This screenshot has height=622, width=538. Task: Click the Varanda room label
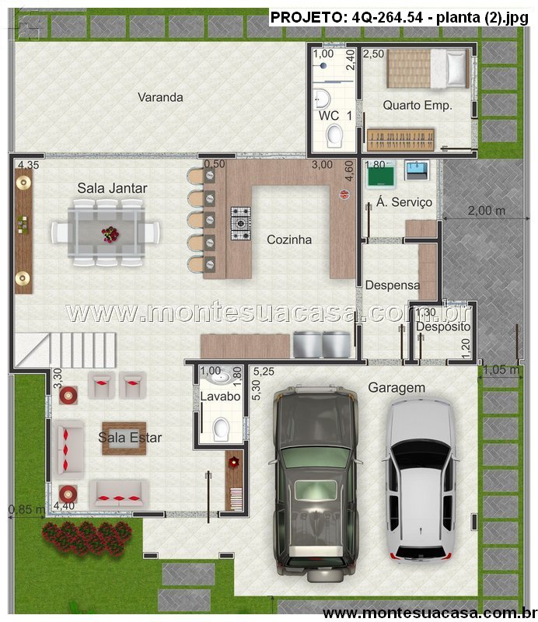(x=160, y=97)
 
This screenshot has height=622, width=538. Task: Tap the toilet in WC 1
(x=334, y=135)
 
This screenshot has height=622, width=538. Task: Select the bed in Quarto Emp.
(x=428, y=68)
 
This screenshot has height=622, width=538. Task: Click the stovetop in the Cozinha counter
(x=241, y=223)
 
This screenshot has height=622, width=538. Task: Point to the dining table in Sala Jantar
(x=106, y=232)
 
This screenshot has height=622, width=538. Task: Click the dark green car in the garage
(x=316, y=482)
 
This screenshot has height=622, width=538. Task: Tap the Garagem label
(x=397, y=387)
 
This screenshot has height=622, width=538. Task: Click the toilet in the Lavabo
(x=221, y=429)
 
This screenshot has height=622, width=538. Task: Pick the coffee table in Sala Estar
(x=124, y=439)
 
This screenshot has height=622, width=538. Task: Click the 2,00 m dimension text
(x=487, y=210)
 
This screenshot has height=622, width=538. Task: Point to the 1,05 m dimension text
(x=501, y=370)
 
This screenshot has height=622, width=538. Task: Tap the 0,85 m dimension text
(x=26, y=509)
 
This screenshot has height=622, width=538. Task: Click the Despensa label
(x=392, y=285)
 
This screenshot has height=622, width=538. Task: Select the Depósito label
(x=443, y=327)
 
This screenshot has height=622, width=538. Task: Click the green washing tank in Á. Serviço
(x=381, y=173)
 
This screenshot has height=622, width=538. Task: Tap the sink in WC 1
(x=322, y=99)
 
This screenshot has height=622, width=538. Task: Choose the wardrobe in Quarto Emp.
(x=400, y=139)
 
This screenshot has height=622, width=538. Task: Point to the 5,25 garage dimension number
(x=264, y=372)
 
